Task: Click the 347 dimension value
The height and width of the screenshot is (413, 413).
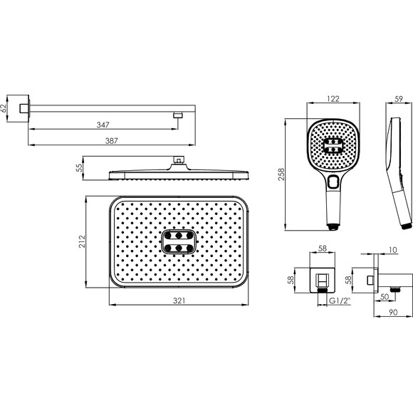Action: (x=103, y=125)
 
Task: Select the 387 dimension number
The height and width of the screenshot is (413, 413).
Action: (x=111, y=141)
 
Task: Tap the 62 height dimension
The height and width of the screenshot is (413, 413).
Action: (x=3, y=108)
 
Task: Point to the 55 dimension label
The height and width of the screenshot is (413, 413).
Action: (x=79, y=168)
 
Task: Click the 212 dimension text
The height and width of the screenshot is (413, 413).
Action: (x=83, y=241)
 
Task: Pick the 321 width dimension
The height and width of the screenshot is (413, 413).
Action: (x=179, y=300)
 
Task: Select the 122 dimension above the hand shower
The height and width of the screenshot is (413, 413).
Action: (x=333, y=99)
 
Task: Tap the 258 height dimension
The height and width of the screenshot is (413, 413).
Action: (x=281, y=174)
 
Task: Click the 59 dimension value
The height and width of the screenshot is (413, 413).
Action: (x=399, y=99)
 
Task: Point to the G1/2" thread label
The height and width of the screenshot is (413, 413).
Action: (x=340, y=300)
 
